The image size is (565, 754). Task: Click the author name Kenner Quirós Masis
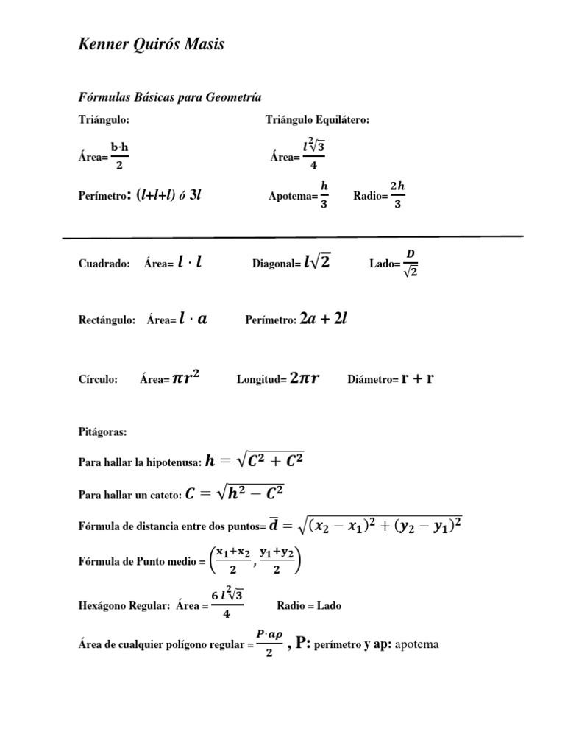(151, 46)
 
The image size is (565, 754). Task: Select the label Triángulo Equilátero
(317, 119)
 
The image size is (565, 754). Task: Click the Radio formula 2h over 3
(397, 195)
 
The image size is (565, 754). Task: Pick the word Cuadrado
(104, 264)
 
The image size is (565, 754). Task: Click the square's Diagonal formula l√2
(316, 262)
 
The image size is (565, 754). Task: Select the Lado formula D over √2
(411, 264)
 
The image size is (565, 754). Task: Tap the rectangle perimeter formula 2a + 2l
(324, 319)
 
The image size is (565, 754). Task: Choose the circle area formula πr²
(185, 378)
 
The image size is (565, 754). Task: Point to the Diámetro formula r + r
(417, 378)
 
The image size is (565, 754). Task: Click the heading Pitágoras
(102, 431)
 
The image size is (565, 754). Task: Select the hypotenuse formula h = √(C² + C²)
(255, 462)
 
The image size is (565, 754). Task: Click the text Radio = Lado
(309, 606)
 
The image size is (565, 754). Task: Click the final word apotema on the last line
(417, 644)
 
